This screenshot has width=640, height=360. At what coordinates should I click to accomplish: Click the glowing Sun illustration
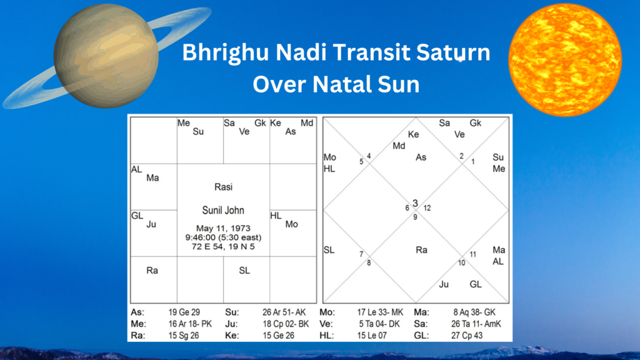565,59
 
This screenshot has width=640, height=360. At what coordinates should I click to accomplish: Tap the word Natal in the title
342,83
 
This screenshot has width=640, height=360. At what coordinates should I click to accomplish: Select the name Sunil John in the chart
223,210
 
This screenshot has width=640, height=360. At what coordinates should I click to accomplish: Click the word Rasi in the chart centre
223,187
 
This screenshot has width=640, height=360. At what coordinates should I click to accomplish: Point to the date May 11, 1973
223,227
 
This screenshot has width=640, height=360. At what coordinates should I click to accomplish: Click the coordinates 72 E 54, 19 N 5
223,247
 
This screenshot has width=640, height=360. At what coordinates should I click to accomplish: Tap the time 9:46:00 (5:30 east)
223,237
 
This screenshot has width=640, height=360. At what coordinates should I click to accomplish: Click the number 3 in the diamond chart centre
415,203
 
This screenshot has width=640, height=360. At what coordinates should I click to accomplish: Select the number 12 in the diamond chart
426,208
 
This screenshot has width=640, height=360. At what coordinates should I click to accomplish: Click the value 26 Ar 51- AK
284,311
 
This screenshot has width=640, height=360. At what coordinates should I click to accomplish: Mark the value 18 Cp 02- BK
284,324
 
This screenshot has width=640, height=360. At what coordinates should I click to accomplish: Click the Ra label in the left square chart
152,271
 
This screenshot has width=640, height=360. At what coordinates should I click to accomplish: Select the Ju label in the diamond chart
444,284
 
